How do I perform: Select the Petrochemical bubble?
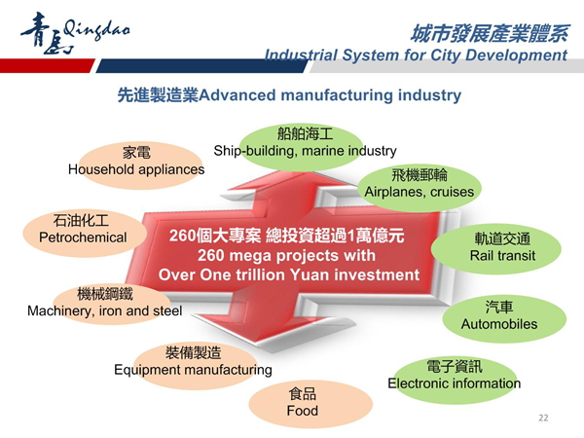tap(84, 233)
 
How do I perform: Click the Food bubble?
tap(310, 404)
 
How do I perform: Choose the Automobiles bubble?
tap(504, 319)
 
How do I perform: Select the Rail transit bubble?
tap(496, 249)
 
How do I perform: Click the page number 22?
tap(543, 418)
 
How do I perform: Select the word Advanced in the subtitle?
tap(237, 95)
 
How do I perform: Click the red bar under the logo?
tap(47, 65)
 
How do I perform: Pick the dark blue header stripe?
tap(201, 65)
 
